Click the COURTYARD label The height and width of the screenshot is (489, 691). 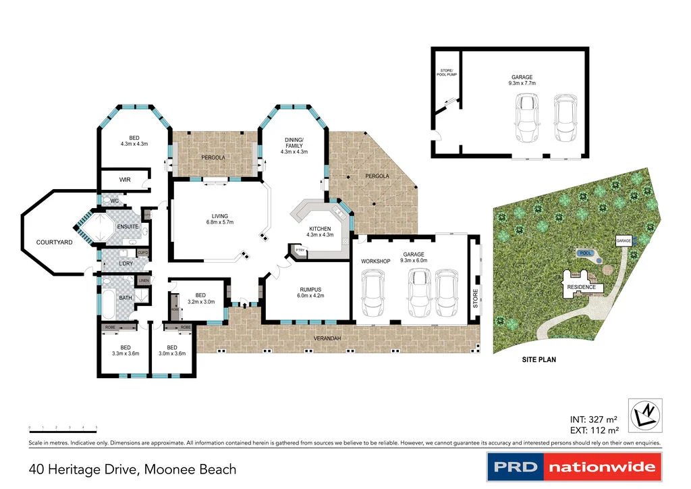[54, 242]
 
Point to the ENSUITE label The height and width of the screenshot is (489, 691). [128, 226]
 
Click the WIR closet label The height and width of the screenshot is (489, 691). [124, 180]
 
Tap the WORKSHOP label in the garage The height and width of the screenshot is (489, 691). [376, 261]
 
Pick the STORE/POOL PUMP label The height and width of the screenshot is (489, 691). [447, 73]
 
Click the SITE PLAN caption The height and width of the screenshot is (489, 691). [538, 360]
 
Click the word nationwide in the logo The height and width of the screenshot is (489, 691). [602, 467]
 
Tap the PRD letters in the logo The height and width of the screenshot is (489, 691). [516, 467]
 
